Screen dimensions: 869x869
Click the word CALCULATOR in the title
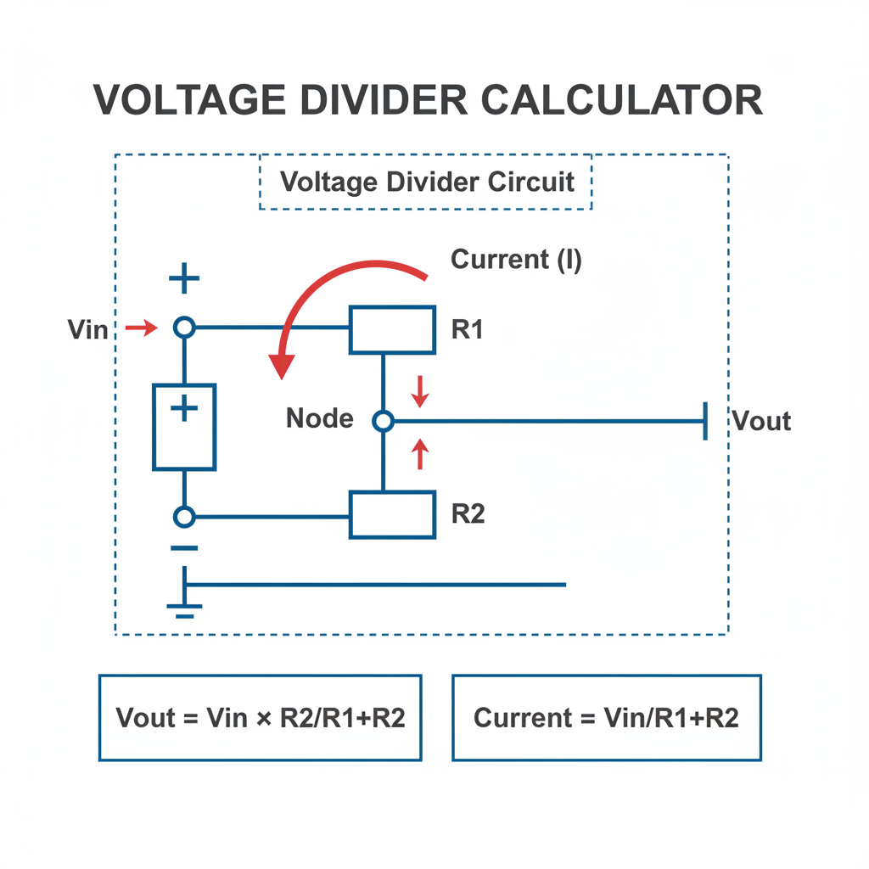point(622,100)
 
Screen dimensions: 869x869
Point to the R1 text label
point(468,329)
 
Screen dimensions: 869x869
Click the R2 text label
point(468,513)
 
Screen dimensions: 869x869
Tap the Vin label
point(87,330)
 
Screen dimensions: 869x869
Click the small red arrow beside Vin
point(142,328)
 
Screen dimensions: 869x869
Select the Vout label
point(761,421)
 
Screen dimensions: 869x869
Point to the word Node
point(320,418)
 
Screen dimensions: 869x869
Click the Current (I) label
point(516,260)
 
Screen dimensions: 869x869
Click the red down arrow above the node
point(420,391)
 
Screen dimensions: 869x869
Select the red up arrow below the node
point(420,454)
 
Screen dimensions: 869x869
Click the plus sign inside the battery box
point(184,409)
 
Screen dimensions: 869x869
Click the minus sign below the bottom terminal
point(184,548)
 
